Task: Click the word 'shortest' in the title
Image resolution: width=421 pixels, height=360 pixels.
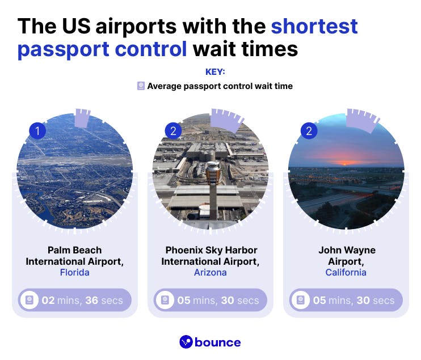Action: (314, 26)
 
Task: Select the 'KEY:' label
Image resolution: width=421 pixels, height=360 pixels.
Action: (215, 73)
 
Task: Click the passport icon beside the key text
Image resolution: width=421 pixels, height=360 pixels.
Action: (141, 86)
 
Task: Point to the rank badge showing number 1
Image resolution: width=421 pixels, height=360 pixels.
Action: (37, 132)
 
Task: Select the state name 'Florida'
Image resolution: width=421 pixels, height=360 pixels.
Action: (74, 272)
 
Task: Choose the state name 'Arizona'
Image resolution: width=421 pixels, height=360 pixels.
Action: (210, 272)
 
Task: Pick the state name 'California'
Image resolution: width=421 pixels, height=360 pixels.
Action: (346, 272)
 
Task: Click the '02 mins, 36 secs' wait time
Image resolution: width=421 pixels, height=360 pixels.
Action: (82, 300)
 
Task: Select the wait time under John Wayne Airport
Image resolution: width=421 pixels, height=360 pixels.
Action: (353, 300)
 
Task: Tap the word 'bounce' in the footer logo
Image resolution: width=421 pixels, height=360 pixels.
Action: (218, 342)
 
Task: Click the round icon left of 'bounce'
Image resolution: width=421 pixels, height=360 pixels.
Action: (186, 342)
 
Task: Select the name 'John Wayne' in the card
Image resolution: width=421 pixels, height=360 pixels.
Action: (347, 250)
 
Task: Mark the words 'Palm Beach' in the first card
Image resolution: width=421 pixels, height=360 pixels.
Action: (74, 250)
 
